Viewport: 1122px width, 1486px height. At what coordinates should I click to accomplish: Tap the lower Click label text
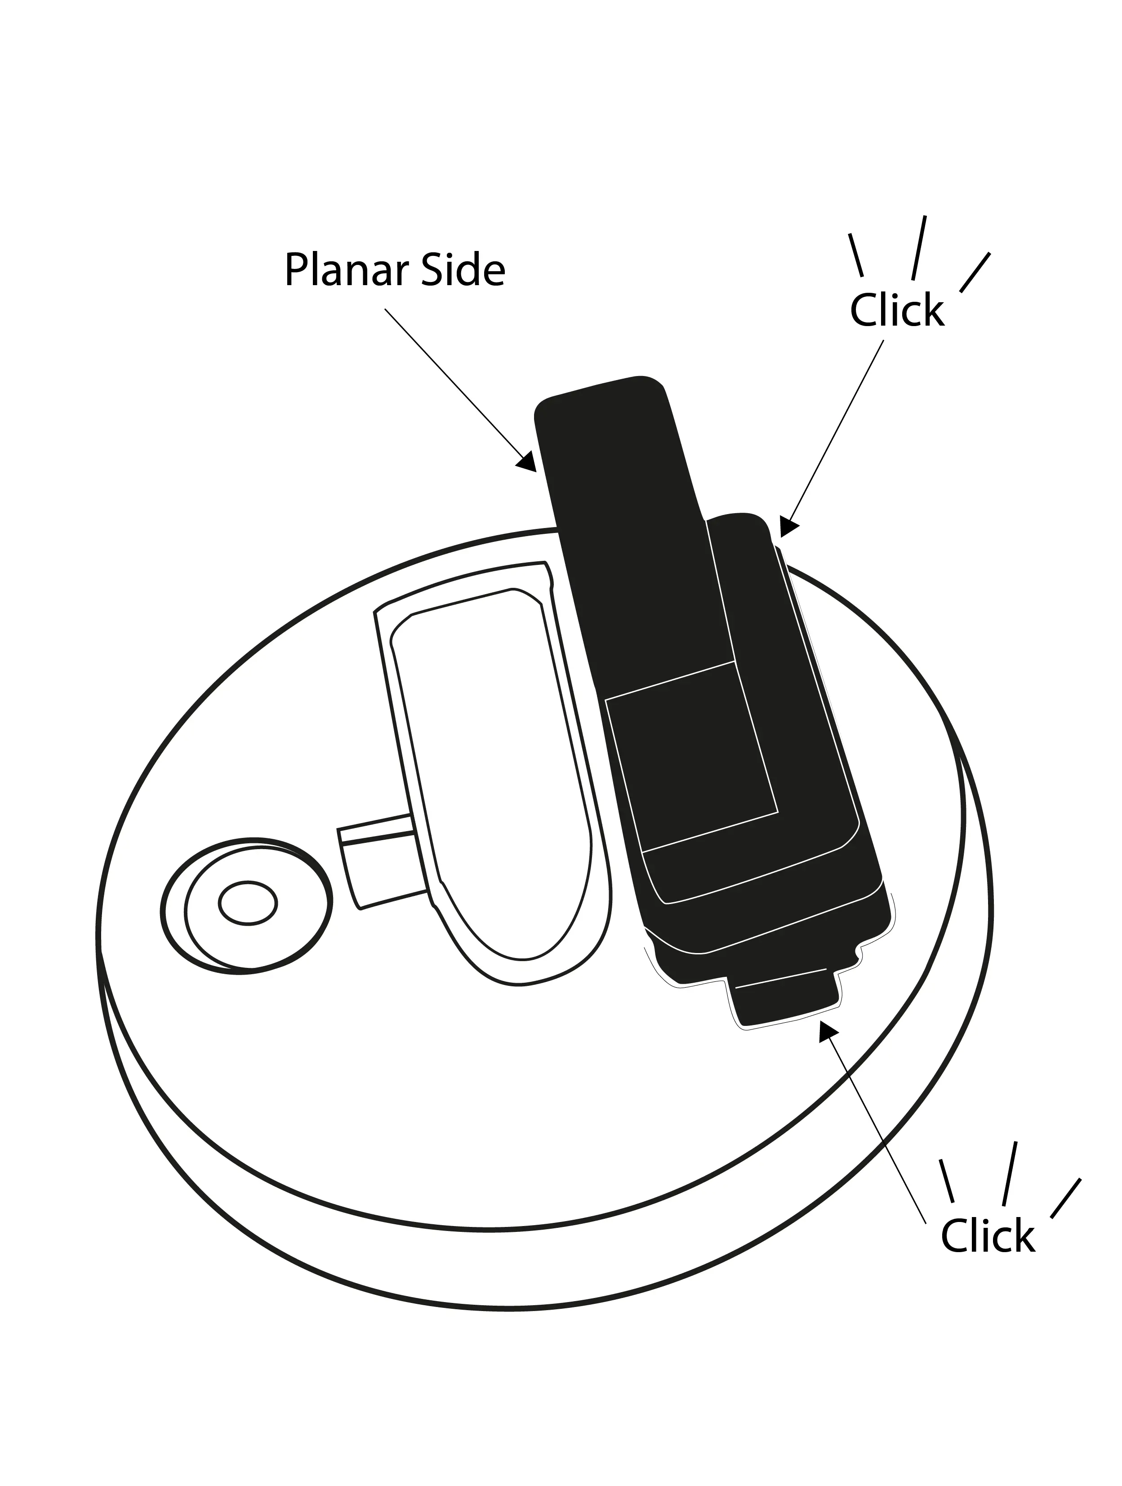point(987,1235)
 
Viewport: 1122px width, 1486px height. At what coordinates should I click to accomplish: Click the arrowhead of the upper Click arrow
point(789,526)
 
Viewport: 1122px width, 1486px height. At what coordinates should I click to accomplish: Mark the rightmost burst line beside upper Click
point(975,272)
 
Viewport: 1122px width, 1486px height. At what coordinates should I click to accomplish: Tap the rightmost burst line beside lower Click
point(1066,1198)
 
